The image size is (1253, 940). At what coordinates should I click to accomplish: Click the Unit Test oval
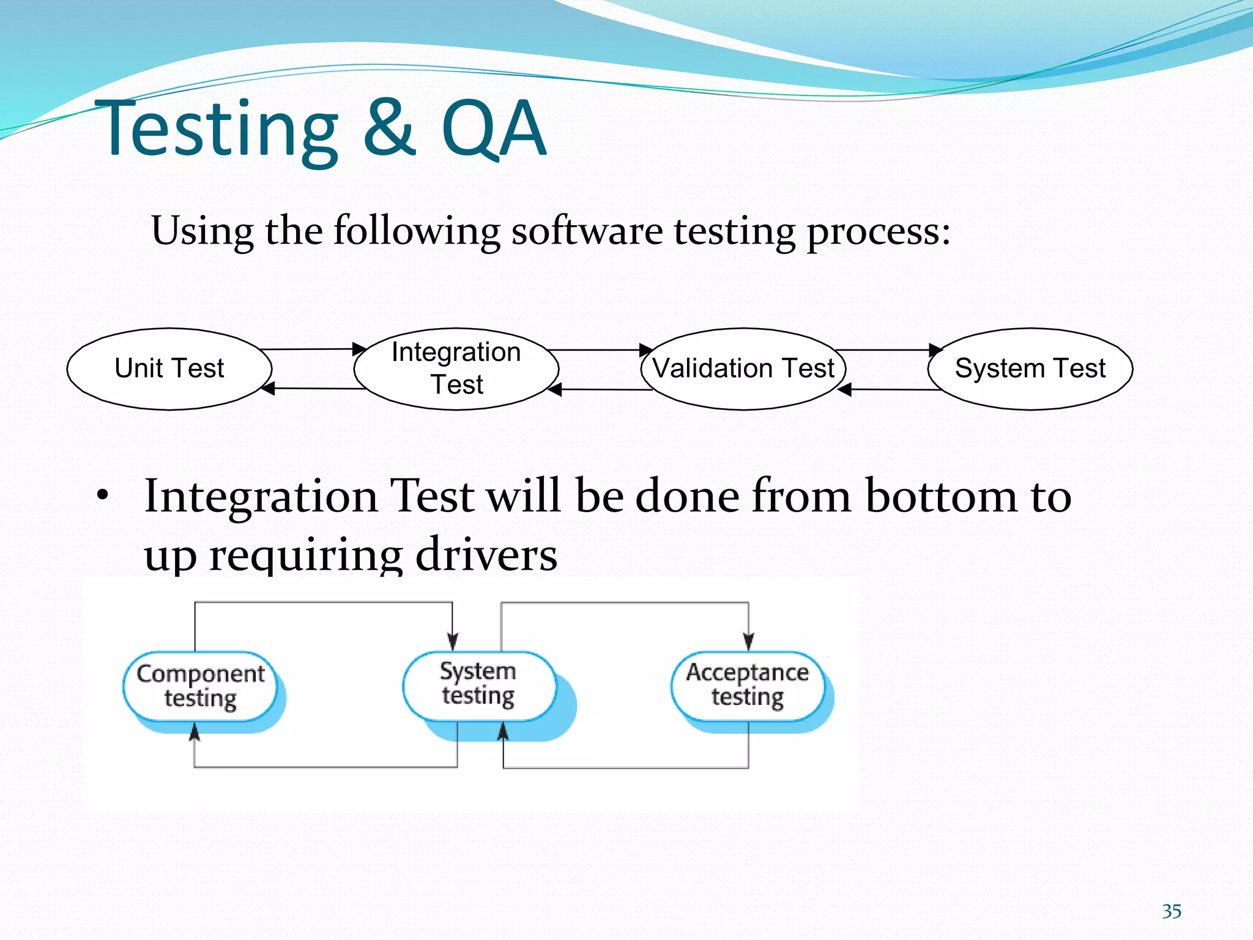click(169, 368)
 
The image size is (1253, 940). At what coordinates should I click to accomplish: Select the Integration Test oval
click(456, 368)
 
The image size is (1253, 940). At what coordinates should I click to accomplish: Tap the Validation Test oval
click(743, 368)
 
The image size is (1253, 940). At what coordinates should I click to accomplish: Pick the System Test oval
click(1030, 368)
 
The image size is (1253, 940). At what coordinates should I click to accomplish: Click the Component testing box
click(200, 686)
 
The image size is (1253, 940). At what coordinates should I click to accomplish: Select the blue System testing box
click(478, 684)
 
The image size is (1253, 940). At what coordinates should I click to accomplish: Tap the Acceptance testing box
click(747, 685)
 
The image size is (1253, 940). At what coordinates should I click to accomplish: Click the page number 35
click(1171, 911)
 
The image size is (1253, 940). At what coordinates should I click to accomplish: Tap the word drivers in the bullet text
click(486, 554)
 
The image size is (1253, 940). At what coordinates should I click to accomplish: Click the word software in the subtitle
click(587, 231)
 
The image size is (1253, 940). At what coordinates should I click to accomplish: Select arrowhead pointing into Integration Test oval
click(360, 349)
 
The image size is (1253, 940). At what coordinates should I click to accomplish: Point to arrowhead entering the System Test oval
click(935, 350)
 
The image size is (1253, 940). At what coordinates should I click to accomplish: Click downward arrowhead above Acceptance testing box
click(748, 641)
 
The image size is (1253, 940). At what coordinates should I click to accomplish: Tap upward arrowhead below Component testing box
click(195, 731)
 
